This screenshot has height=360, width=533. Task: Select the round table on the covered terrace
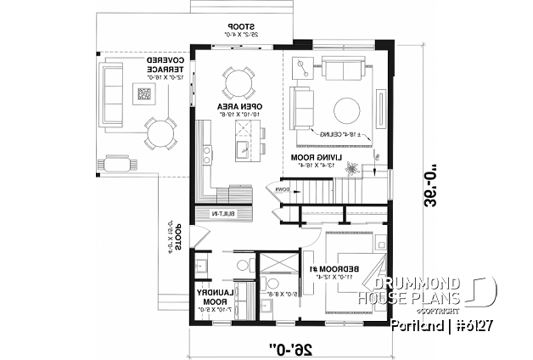[x=159, y=132]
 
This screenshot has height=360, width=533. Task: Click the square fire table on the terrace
[x=141, y=89]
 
